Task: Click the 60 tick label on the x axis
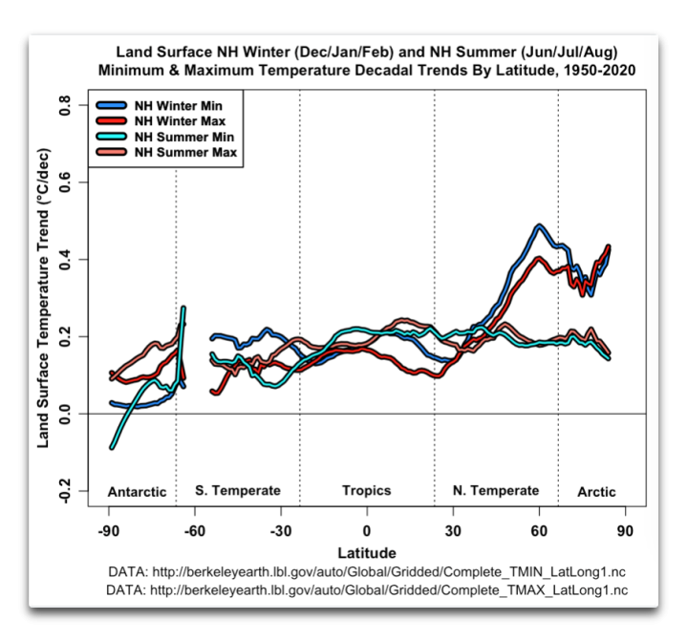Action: [x=539, y=531]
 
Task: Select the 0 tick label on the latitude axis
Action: [x=366, y=531]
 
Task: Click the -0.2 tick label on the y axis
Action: [x=66, y=491]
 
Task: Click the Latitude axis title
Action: [x=366, y=552]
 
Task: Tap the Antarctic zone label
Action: [x=137, y=492]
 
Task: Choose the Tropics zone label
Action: [x=366, y=491]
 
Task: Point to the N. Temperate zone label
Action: [x=496, y=491]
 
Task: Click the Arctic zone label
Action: [x=596, y=492]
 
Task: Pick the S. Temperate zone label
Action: [x=238, y=491]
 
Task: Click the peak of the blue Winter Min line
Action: [x=540, y=226]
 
